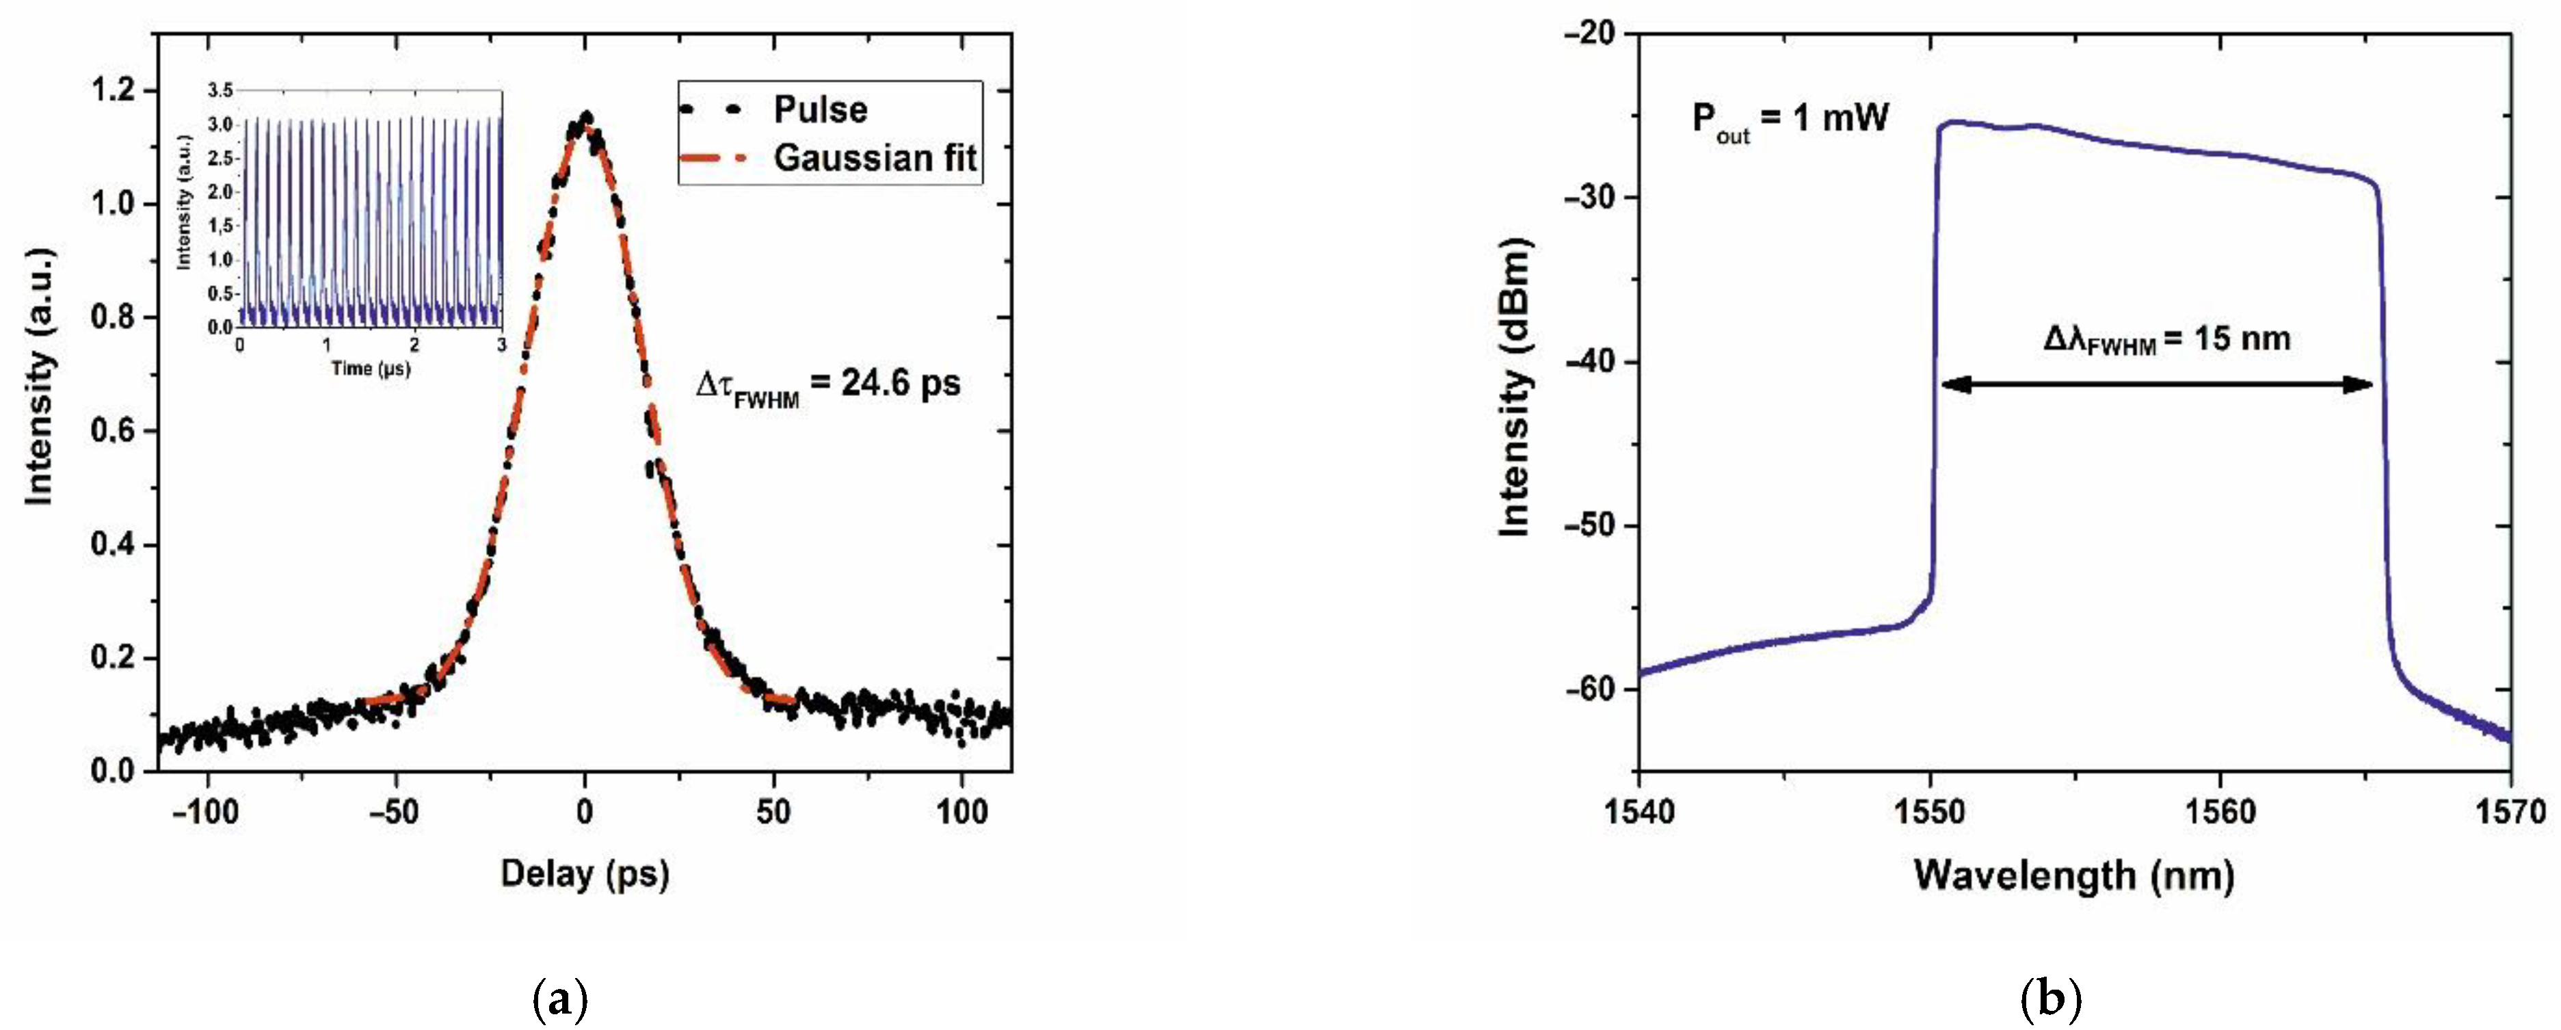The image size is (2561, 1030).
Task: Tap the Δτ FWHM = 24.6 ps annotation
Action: click(x=827, y=386)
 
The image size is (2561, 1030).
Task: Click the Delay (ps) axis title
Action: click(x=585, y=874)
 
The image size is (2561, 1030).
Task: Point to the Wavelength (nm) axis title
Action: click(x=2074, y=875)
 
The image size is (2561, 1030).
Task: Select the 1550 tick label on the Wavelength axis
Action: click(x=1930, y=813)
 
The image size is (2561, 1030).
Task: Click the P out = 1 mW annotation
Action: click(x=1790, y=121)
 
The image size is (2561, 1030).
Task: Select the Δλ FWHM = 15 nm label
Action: click(x=2166, y=340)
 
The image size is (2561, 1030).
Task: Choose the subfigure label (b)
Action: click(x=2051, y=998)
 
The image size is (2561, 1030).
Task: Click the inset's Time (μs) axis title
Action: click(x=370, y=369)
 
